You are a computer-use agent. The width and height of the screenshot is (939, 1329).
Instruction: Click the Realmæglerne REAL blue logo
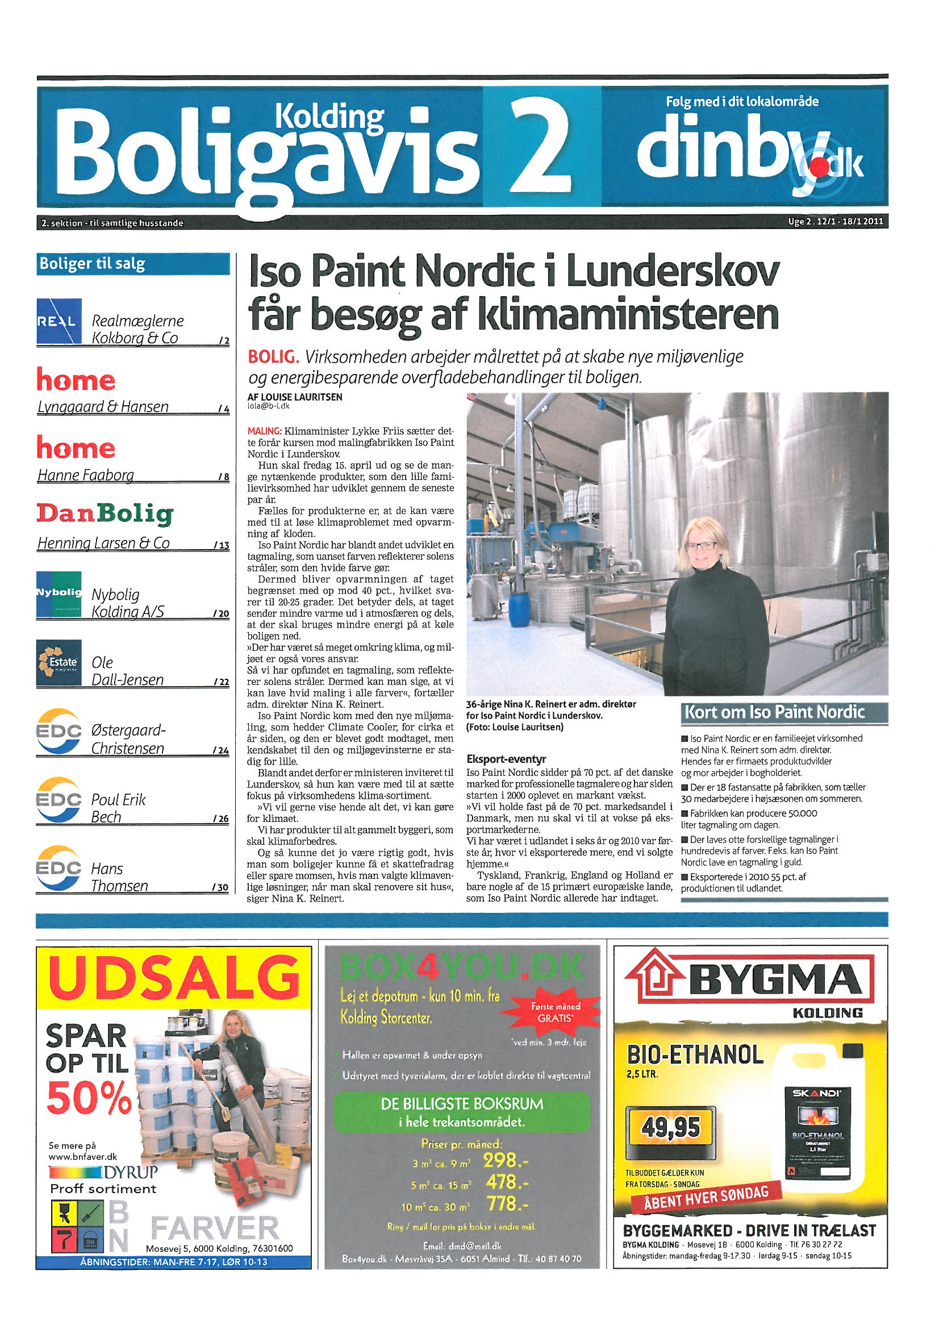coord(59,322)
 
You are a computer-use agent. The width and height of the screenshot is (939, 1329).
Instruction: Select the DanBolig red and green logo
coord(105,513)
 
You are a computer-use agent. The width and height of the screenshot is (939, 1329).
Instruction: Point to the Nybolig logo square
coord(59,594)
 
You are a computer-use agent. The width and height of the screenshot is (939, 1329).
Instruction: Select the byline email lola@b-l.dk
coord(269,406)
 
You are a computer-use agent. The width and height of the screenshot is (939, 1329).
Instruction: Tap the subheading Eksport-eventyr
coord(506,759)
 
